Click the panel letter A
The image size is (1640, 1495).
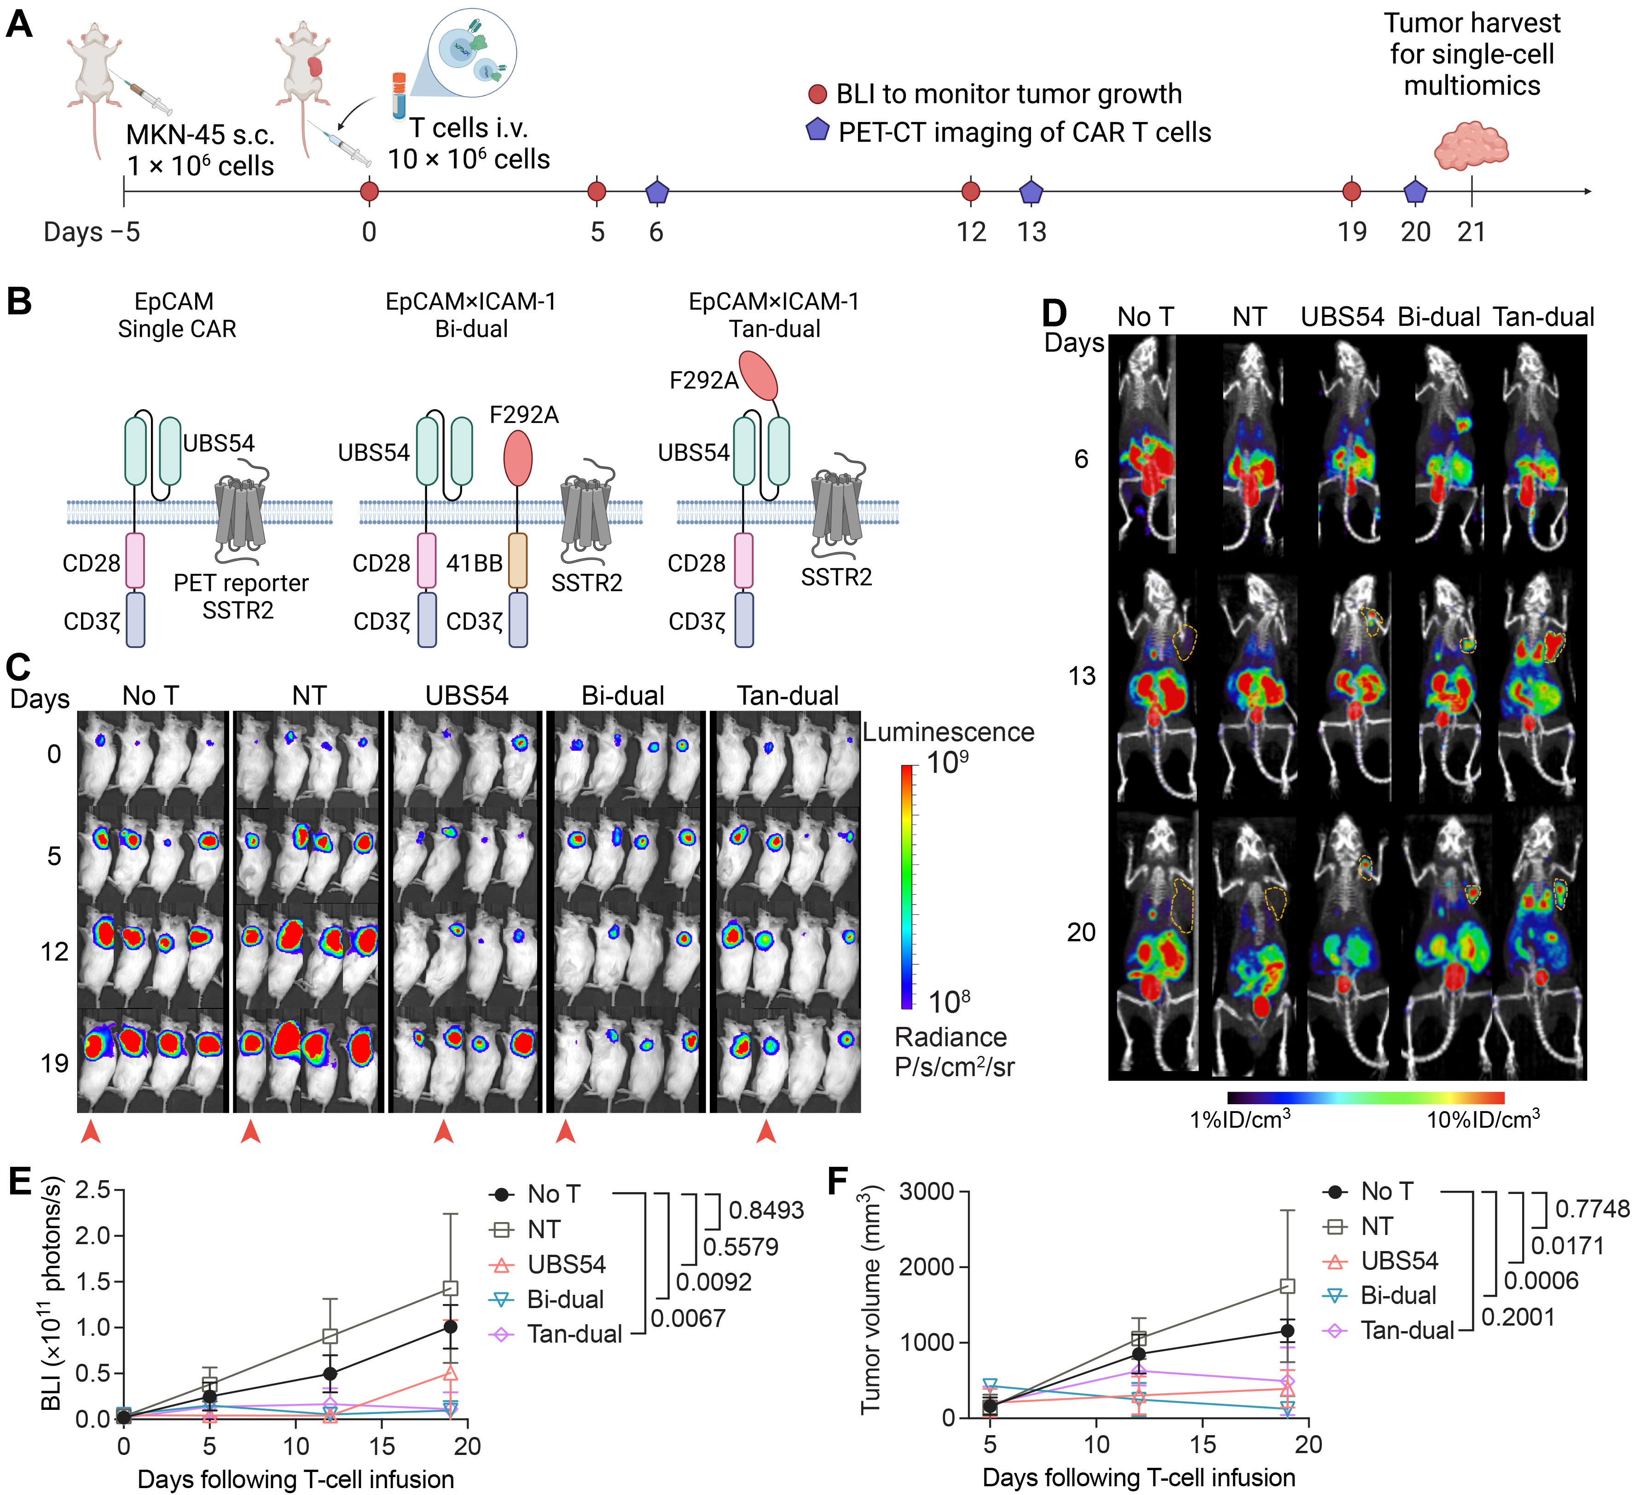pyautogui.click(x=19, y=24)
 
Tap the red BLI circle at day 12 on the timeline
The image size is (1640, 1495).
pyautogui.click(x=970, y=192)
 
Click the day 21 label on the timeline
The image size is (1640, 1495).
pyautogui.click(x=1471, y=232)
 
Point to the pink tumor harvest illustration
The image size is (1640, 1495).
pyautogui.click(x=1471, y=146)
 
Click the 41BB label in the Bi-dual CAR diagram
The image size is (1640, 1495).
pyautogui.click(x=474, y=563)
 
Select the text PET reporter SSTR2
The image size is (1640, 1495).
pyautogui.click(x=241, y=596)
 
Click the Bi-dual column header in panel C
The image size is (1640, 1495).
pyautogui.click(x=623, y=696)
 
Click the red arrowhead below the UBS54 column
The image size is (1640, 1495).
pyautogui.click(x=443, y=1131)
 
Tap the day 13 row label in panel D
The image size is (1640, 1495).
pyautogui.click(x=1082, y=676)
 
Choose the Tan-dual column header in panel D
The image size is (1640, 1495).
pyautogui.click(x=1543, y=317)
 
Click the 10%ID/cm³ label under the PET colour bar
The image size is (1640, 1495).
pyautogui.click(x=1482, y=1120)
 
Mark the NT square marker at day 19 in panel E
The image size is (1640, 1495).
pyautogui.click(x=450, y=1288)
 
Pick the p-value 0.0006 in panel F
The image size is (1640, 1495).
pyautogui.click(x=1541, y=1281)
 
